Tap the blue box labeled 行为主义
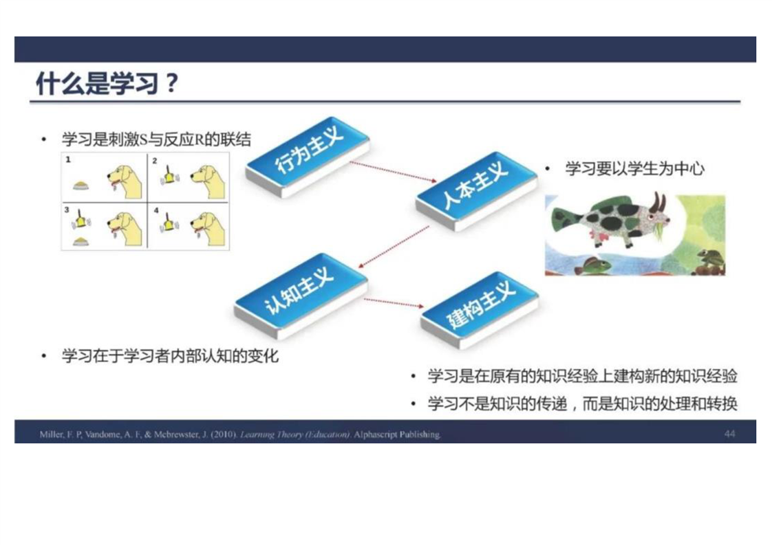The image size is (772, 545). click(308, 157)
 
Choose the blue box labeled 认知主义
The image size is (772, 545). click(301, 295)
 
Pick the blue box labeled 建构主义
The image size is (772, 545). click(480, 310)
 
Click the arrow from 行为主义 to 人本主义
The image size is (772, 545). click(393, 172)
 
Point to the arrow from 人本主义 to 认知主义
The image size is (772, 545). click(394, 247)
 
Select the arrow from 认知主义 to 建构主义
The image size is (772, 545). click(394, 303)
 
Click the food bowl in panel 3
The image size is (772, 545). click(81, 241)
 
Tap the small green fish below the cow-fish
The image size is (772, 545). click(593, 266)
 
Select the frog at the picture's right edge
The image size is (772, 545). click(709, 260)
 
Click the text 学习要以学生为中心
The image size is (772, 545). click(634, 168)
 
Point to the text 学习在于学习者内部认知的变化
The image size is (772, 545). click(171, 355)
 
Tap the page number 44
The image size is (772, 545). click(729, 434)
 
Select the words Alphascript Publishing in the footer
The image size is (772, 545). click(397, 434)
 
